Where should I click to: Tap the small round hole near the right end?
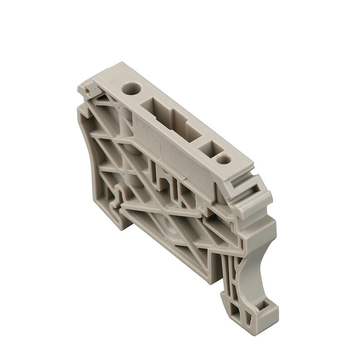click(222, 159)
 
